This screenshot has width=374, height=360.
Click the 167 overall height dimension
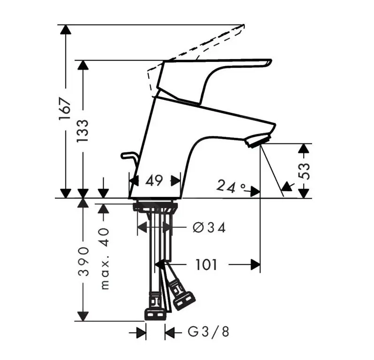click(x=65, y=111)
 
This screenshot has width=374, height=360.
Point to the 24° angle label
click(x=231, y=187)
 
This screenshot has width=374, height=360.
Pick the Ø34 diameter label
click(x=209, y=228)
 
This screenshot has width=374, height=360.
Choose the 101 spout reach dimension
click(x=206, y=265)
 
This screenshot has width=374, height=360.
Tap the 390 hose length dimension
click(x=83, y=261)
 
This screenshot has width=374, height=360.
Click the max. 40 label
click(x=104, y=258)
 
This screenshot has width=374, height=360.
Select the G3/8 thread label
click(x=209, y=332)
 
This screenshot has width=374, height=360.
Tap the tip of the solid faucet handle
click(x=268, y=62)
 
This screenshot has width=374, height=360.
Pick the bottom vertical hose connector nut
click(x=155, y=313)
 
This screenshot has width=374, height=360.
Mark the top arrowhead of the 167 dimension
click(x=66, y=28)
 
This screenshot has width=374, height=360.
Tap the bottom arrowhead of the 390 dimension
click(x=83, y=316)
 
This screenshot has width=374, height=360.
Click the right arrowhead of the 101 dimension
click(x=256, y=265)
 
